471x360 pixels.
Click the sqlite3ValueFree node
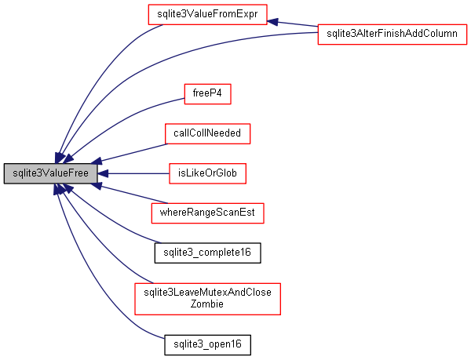[51, 173]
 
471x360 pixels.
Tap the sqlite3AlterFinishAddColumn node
[392, 35]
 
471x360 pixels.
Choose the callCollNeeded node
[207, 133]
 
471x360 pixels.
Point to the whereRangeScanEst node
[207, 213]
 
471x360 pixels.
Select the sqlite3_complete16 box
[207, 253]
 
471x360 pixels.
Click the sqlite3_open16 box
[207, 344]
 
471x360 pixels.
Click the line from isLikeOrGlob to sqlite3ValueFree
[137, 173]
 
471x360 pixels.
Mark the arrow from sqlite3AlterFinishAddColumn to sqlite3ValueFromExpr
[290, 25]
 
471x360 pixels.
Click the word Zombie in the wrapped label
[208, 304]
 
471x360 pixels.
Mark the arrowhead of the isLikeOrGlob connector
[104, 173]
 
